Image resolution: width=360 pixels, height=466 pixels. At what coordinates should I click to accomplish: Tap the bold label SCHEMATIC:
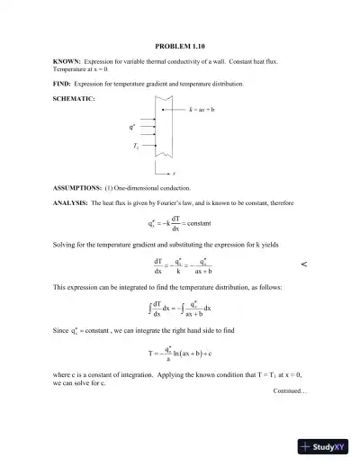pos(74,97)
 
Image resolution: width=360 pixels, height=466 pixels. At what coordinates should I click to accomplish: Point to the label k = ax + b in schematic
pos(202,110)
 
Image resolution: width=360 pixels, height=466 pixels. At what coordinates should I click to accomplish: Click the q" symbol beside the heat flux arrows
pos(133,127)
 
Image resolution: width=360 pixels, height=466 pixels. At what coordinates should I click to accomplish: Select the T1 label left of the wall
pos(135,144)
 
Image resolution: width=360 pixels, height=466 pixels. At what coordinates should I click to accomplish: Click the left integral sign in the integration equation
pos(148,309)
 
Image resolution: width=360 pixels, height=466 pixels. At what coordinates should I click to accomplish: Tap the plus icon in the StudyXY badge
pos(307,445)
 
